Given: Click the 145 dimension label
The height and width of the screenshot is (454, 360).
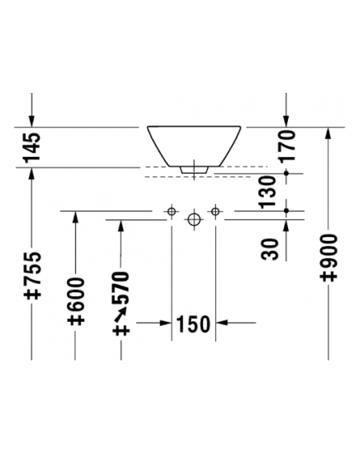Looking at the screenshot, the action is click(32, 147).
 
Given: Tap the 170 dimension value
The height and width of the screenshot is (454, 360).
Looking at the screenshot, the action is click(286, 145).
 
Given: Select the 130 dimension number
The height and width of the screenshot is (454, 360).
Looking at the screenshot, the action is click(268, 192).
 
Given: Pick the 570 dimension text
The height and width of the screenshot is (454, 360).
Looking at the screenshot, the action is click(122, 287).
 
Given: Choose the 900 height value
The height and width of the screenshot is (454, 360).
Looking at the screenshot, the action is click(329, 250).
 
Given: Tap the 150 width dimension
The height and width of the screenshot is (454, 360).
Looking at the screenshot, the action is click(194, 323).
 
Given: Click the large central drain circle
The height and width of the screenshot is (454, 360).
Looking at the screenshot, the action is click(194, 220).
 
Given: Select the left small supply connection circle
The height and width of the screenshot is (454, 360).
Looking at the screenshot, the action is click(172, 211).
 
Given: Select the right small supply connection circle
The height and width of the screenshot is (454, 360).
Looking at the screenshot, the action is click(215, 211).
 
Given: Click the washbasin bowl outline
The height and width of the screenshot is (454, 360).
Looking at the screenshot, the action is click(194, 127).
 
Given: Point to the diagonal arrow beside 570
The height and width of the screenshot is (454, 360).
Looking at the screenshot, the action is click(121, 315).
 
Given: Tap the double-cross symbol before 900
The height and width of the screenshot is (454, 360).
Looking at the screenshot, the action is click(329, 274).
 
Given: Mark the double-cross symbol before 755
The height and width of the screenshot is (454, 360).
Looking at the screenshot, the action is click(32, 292).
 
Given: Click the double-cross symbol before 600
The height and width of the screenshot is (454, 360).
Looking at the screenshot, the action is click(76, 318).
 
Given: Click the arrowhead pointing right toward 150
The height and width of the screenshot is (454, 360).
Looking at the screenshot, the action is click(166, 323).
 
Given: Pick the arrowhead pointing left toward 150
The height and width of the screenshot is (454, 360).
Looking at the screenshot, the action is click(222, 323).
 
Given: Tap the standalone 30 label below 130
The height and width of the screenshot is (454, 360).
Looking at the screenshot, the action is click(270, 249).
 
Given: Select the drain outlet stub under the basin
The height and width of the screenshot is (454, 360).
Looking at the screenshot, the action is click(194, 170).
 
